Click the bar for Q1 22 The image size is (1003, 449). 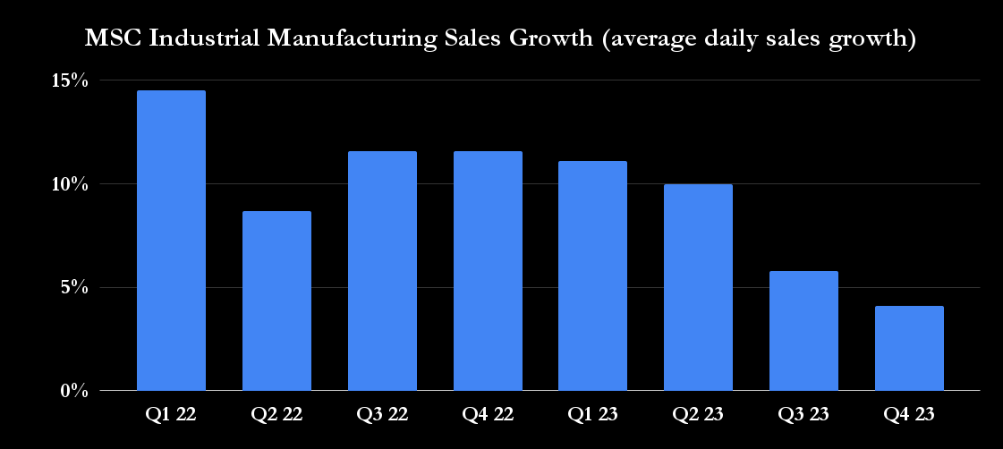(x=171, y=241)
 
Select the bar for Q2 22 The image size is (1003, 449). (x=276, y=301)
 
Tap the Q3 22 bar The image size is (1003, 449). (x=382, y=271)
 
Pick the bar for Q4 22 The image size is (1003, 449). (x=488, y=271)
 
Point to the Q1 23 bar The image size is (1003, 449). (x=592, y=275)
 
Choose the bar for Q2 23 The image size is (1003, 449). (x=698, y=287)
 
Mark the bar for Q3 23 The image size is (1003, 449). (x=803, y=331)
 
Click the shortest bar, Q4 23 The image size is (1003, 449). (x=909, y=348)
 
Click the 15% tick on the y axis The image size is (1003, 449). (x=69, y=80)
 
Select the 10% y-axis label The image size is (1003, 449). (x=69, y=184)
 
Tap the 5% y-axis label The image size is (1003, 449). (x=73, y=288)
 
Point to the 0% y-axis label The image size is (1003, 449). (x=73, y=392)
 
